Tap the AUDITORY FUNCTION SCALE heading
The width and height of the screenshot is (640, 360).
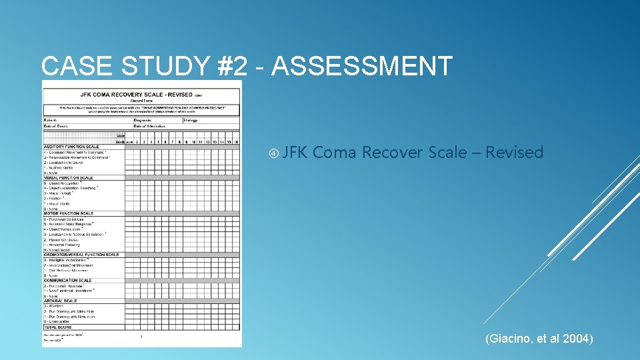coord(71,147)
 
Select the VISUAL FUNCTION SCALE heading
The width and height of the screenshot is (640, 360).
coord(69,178)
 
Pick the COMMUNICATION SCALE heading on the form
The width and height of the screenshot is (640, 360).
coord(67,281)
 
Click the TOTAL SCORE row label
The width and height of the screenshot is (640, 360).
coord(59,327)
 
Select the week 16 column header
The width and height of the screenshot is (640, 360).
coord(236,141)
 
